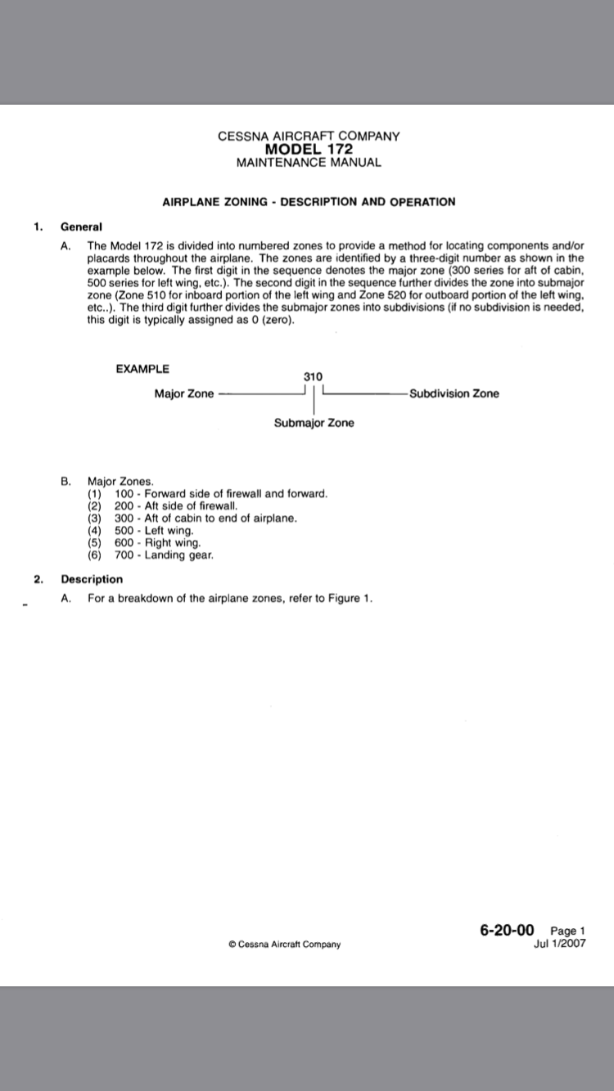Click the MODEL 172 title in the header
coord(309,149)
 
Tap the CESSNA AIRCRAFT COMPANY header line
coord(309,137)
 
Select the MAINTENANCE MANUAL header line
coord(309,162)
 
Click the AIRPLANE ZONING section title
coord(309,201)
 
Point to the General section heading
coord(81,227)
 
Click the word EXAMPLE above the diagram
coord(143,369)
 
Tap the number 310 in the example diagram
coord(313,375)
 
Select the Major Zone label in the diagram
coord(184,394)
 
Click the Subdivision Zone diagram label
coord(454,394)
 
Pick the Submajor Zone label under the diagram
coord(314,423)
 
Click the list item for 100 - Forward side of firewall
coord(220,494)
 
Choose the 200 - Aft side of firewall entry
coord(176,506)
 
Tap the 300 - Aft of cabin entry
coord(205,519)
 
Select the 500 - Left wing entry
coord(154,531)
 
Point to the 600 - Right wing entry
coord(157,542)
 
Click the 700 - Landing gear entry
coord(164,555)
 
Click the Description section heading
coord(92,579)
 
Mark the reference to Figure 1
coord(350,599)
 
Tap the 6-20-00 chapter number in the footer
coord(507,929)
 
